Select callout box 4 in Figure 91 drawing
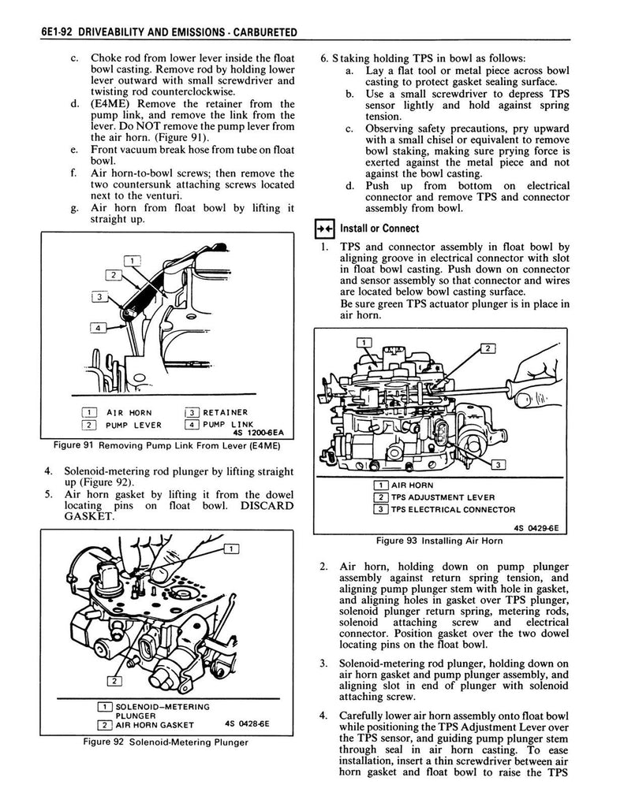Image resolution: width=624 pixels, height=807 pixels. pos(97,327)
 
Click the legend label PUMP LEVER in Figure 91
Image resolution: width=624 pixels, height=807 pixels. pos(134,425)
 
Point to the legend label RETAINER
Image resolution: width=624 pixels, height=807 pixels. pos(226,412)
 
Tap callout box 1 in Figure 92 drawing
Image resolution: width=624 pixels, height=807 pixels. pos(231,548)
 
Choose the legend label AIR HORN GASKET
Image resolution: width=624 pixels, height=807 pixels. pos(151,725)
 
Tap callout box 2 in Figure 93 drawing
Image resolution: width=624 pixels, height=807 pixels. pos(487,348)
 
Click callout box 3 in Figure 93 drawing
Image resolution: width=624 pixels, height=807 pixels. pos(498,464)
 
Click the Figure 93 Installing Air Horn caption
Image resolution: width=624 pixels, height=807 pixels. pos(439,541)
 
